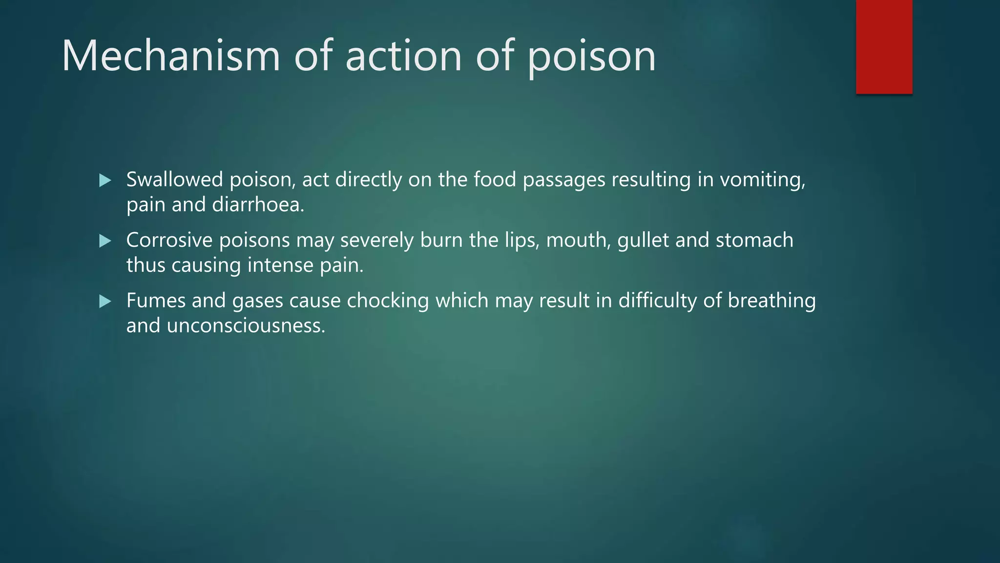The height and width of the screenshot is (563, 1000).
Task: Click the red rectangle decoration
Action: pos(884,47)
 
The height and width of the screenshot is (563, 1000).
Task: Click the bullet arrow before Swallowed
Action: pos(105,181)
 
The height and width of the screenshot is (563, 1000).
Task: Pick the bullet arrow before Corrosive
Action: pos(105,241)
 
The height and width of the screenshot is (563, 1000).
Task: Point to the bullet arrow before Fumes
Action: pos(105,302)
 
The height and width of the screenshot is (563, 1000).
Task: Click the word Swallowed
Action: pos(174,179)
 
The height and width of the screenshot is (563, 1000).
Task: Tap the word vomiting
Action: pos(762,180)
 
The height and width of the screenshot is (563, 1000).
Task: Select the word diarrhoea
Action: pos(258,204)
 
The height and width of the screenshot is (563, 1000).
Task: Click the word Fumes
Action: pos(156,301)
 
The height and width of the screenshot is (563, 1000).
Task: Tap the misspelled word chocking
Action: pos(388,301)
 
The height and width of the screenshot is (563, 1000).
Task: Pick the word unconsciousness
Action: pos(246,325)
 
